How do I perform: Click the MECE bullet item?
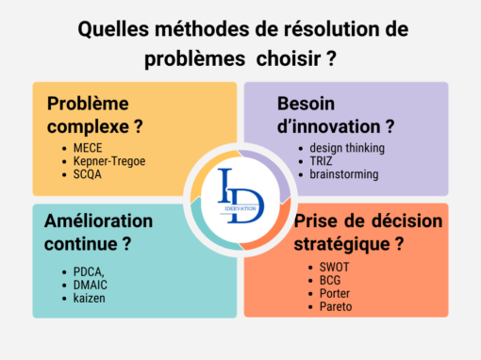pyautogui.click(x=87, y=148)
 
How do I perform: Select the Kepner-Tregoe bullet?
pyautogui.click(x=109, y=161)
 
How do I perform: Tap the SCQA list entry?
pyautogui.click(x=87, y=175)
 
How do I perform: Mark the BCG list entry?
pyautogui.click(x=320, y=281)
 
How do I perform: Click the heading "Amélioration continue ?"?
pyautogui.click(x=98, y=232)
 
